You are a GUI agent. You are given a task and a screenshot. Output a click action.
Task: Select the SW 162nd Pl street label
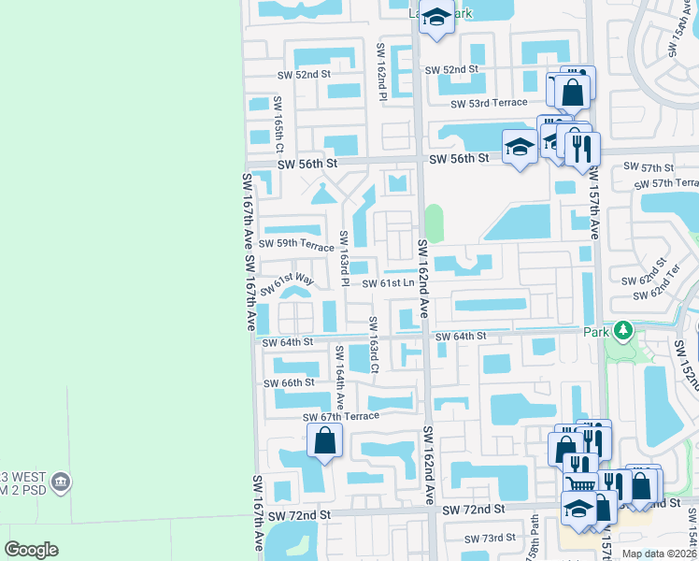coord(381,72)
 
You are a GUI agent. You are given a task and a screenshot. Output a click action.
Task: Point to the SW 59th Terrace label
coord(299,246)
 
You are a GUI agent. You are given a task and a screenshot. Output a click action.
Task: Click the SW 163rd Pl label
coord(344,252)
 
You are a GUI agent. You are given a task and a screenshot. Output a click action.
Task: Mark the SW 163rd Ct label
coord(372,343)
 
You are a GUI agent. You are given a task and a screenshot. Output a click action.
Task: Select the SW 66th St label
coord(289,383)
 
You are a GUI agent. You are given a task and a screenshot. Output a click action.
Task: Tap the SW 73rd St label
coord(491,538)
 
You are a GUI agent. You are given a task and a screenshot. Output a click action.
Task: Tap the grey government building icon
coord(62,482)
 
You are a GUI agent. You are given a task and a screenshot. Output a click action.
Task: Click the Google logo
coord(32,549)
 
